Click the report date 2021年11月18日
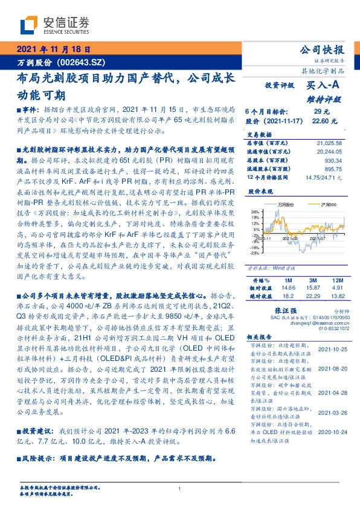(54, 50)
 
